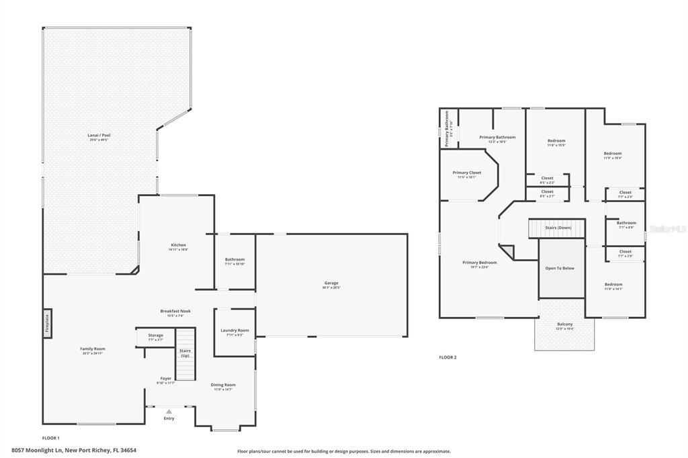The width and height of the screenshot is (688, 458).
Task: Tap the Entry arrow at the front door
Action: pyautogui.click(x=169, y=412)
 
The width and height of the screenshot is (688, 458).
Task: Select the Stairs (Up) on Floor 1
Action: pyautogui.click(x=185, y=354)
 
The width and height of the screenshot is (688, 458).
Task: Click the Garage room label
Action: pyautogui.click(x=331, y=283)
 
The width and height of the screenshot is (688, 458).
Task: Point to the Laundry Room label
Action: pyautogui.click(x=234, y=330)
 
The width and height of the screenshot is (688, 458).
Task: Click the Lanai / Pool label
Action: pyautogui.click(x=99, y=136)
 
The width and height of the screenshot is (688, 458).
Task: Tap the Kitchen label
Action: pyautogui.click(x=178, y=245)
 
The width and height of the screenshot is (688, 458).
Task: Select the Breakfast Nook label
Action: pyautogui.click(x=175, y=311)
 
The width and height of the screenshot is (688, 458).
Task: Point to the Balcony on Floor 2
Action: pyautogui.click(x=564, y=325)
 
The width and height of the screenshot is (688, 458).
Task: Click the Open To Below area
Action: pyautogui.click(x=560, y=268)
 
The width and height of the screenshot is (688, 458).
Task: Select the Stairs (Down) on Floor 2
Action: pyautogui.click(x=558, y=228)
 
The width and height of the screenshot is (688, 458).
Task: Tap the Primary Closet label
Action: pyautogui.click(x=466, y=173)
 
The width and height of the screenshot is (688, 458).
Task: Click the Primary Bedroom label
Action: pyautogui.click(x=480, y=263)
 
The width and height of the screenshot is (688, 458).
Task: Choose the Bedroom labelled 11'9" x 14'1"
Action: pyautogui.click(x=613, y=285)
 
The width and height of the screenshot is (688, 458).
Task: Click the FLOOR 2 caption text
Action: pyautogui.click(x=447, y=357)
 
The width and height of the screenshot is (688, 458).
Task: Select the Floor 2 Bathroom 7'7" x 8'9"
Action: pyautogui.click(x=626, y=224)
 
